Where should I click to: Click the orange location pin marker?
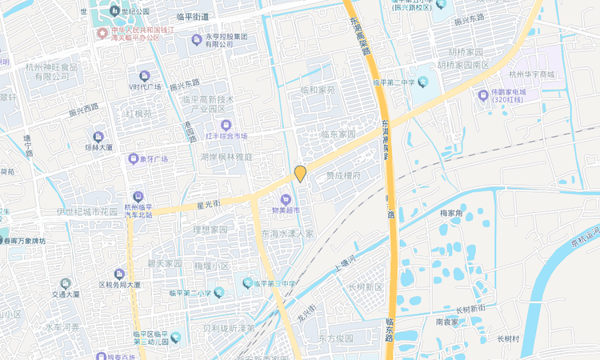click(x=300, y=173)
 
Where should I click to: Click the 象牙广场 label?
click(x=153, y=158)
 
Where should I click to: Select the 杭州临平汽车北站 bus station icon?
click(x=138, y=196)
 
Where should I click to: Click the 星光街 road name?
click(x=208, y=204)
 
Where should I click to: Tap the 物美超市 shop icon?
click(x=284, y=198)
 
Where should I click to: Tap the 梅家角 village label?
click(x=453, y=214)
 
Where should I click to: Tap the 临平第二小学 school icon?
click(x=218, y=293)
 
